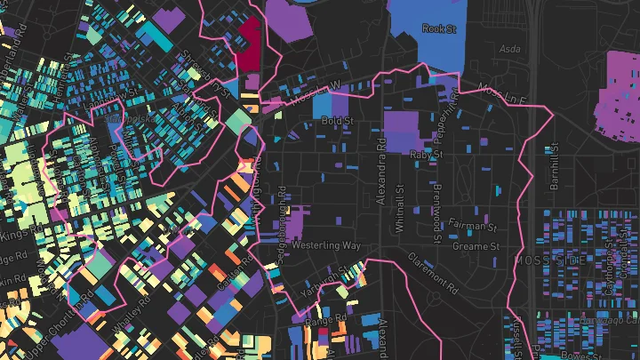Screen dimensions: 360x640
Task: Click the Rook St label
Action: (x=438, y=29)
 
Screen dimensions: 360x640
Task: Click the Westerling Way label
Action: (x=325, y=244)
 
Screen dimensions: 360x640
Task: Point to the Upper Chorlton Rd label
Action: (x=42, y=331)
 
